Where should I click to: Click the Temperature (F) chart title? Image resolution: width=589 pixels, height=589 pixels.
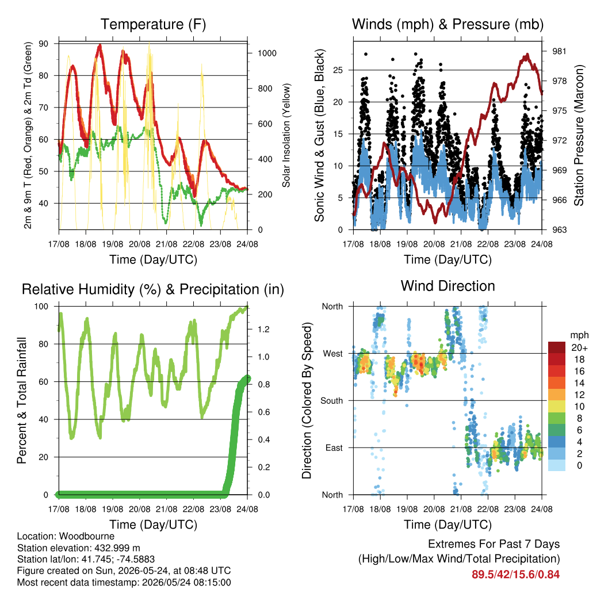click(153, 24)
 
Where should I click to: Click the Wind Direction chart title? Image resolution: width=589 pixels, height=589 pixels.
click(448, 286)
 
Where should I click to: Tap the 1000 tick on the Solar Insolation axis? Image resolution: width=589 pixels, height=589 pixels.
click(267, 53)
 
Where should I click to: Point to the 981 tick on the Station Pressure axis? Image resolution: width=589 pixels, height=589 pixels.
click(559, 51)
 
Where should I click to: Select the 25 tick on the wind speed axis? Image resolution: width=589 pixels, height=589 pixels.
click(338, 70)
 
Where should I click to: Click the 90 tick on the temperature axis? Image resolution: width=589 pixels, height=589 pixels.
click(44, 44)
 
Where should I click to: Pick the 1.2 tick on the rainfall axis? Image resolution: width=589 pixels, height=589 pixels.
click(263, 330)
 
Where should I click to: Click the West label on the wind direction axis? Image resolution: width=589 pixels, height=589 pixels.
click(333, 354)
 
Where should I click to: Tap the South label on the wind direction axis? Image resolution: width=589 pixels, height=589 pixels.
click(332, 401)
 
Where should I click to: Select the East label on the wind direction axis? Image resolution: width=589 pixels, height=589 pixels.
click(334, 448)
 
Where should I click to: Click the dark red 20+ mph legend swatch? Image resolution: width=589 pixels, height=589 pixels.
click(557, 347)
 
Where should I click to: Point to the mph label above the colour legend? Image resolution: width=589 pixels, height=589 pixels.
click(579, 335)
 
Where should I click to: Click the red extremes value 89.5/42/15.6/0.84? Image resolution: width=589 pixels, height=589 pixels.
click(516, 575)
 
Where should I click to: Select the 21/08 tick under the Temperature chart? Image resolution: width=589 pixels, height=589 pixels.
click(166, 244)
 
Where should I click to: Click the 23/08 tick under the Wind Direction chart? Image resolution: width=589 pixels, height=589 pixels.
click(515, 509)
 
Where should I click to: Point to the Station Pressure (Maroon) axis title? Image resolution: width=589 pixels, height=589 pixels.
click(579, 135)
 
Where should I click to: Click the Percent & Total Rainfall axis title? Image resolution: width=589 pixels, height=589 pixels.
click(22, 400)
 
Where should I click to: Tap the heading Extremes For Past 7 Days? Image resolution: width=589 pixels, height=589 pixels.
click(494, 544)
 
